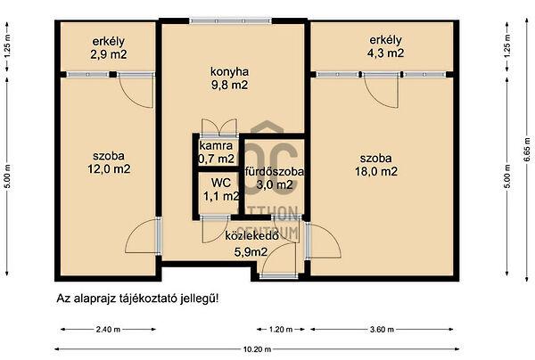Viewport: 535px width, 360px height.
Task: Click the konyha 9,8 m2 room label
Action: click(x=228, y=78)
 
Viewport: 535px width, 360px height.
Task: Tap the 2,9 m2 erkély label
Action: click(x=109, y=47)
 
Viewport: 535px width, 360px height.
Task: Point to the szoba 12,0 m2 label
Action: click(x=109, y=161)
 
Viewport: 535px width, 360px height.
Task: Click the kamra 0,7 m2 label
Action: click(x=217, y=152)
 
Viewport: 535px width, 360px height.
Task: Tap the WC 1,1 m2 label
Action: click(x=219, y=190)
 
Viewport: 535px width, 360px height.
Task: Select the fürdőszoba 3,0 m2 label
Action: click(x=271, y=178)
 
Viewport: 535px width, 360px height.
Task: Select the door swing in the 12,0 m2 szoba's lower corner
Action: click(x=143, y=235)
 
